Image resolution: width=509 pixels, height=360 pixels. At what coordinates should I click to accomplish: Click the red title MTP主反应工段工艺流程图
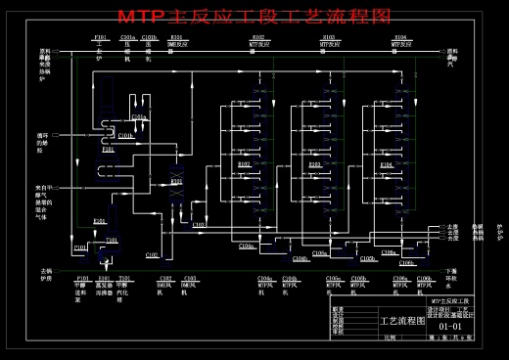[x=254, y=17]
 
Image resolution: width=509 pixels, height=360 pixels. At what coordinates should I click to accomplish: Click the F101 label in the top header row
[x=100, y=37]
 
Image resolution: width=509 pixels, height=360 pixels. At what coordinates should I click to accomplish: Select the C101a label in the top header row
[x=127, y=37]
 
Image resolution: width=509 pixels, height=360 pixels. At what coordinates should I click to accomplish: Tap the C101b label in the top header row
[x=148, y=37]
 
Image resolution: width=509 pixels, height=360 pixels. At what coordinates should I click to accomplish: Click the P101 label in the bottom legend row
[x=80, y=278]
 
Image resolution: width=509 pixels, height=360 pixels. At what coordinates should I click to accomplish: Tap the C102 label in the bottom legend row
[x=165, y=278]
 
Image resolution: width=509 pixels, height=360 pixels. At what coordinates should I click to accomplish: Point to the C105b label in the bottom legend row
[x=359, y=278]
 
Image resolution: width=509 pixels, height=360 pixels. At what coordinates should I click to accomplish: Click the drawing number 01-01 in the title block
[x=450, y=326]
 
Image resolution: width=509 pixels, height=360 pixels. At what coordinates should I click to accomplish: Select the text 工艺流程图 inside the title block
[x=402, y=320]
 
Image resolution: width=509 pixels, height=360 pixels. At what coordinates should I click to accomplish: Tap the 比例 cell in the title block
[x=391, y=337]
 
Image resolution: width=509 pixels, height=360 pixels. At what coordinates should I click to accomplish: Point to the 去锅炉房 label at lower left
[x=44, y=275]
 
